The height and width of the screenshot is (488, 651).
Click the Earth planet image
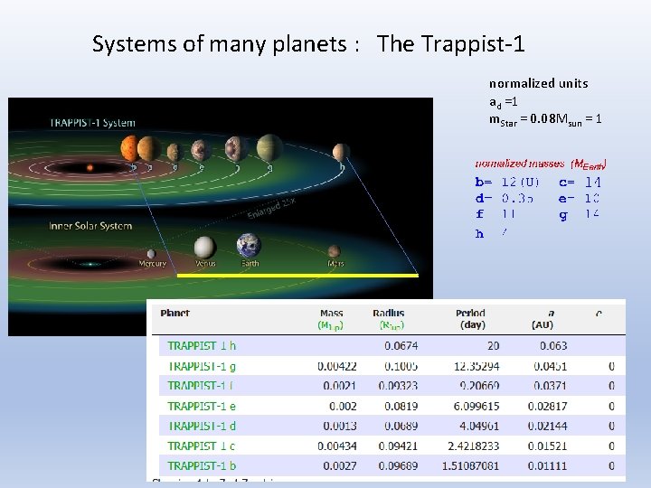click(249, 245)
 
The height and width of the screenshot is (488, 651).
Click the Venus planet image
click(205, 247)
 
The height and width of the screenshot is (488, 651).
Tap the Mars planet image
click(334, 251)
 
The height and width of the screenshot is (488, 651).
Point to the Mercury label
click(152, 264)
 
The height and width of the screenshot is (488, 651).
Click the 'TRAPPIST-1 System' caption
click(92, 123)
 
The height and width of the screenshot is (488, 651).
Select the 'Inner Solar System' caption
click(90, 226)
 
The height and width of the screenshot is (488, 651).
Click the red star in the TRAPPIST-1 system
click(89, 167)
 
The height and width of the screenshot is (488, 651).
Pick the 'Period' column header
click(472, 314)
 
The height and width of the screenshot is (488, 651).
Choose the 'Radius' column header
click(388, 314)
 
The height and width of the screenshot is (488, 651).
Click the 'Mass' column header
click(331, 314)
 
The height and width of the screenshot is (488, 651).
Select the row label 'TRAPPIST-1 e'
click(202, 406)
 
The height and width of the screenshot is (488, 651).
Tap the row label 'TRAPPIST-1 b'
click(202, 466)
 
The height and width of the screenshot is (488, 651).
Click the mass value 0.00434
click(337, 446)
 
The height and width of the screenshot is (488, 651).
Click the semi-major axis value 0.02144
click(549, 426)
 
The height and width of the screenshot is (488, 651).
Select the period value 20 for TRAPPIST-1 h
click(493, 345)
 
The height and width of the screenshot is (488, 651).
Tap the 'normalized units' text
click(538, 83)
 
